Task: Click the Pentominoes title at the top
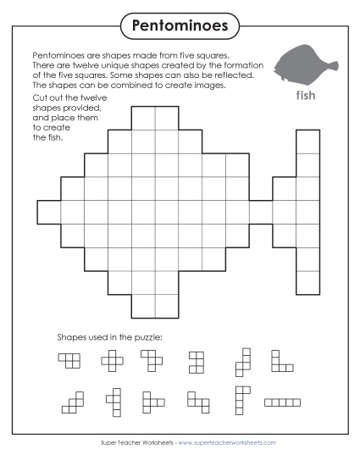point(180,25)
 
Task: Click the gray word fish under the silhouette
point(306,95)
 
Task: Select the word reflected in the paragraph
point(231,75)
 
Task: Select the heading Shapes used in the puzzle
point(109,337)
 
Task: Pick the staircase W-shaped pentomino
point(74,401)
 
